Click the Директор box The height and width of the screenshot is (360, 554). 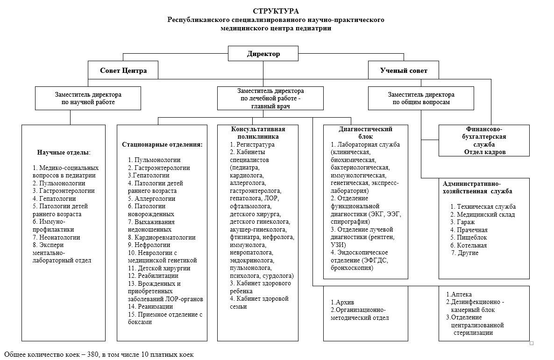[x=263, y=54]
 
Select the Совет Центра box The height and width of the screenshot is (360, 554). [x=123, y=71]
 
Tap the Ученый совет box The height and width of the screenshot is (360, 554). [x=403, y=71]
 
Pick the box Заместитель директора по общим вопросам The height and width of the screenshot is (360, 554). [x=421, y=98]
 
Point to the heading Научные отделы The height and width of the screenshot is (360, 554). [x=64, y=153]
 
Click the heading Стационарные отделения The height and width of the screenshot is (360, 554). [x=162, y=145]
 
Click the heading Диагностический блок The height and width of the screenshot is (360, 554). [x=365, y=133]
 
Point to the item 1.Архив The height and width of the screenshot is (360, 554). [x=341, y=302]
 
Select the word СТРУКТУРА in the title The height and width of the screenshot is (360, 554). [x=276, y=11]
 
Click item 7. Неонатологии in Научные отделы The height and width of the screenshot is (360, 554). [x=56, y=237]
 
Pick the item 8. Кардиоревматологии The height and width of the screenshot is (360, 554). [x=162, y=237]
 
